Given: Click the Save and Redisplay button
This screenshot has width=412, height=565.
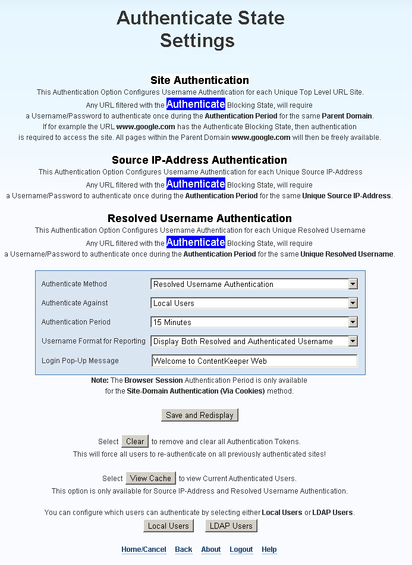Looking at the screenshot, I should [x=200, y=415].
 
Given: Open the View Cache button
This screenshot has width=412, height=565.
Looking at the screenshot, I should [x=150, y=478].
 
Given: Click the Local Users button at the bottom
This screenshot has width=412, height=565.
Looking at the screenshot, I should [x=168, y=526].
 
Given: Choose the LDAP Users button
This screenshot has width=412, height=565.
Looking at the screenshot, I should [x=231, y=526].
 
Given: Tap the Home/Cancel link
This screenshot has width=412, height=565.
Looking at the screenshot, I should [x=144, y=550].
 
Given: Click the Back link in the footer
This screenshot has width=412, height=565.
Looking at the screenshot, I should [x=184, y=550].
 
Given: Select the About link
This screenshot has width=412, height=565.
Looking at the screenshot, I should [x=211, y=550].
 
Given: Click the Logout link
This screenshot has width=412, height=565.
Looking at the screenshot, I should [x=241, y=550].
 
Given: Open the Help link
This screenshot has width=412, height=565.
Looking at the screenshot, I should [x=269, y=550].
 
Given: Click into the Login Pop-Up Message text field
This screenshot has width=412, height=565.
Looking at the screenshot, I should [x=254, y=361].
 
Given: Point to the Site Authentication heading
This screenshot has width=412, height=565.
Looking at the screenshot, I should [x=200, y=80].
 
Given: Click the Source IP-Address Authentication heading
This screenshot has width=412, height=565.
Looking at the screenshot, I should [x=200, y=160].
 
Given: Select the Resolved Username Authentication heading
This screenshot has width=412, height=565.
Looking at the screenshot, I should [x=200, y=218].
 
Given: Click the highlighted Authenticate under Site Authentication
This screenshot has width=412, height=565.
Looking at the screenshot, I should [x=196, y=104].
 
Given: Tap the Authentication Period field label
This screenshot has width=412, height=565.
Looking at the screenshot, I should [x=76, y=322].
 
